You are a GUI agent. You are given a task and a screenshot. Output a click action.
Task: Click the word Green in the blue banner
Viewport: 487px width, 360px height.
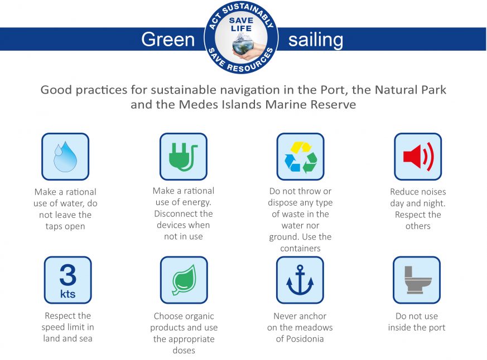point(168,40)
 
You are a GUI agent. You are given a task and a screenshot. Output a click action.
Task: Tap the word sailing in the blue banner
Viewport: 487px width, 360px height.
point(316,40)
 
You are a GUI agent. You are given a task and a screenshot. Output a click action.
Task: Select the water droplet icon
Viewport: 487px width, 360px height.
point(65,157)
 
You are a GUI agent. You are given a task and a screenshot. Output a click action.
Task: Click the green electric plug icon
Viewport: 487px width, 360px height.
point(183,157)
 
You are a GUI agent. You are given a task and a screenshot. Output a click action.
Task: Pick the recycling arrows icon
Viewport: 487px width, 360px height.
point(301,157)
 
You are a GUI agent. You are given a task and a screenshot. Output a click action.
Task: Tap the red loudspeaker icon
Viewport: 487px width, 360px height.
point(418,157)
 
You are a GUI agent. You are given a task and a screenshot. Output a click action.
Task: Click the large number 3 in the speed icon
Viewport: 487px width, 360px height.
point(67,274)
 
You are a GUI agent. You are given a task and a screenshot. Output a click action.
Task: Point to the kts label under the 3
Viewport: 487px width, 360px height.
point(67,294)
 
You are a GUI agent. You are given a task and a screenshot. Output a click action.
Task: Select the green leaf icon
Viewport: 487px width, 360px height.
point(184,280)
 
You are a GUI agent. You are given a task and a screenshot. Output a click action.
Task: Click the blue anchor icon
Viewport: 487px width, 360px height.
point(300,280)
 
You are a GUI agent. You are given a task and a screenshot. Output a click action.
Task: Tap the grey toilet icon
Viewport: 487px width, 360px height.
point(417,280)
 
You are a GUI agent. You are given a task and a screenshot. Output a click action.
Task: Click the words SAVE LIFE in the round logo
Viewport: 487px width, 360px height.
point(241,24)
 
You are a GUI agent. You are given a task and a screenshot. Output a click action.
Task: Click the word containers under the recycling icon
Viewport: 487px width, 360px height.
point(300,249)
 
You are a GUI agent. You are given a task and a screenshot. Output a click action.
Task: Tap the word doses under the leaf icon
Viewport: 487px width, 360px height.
point(184,351)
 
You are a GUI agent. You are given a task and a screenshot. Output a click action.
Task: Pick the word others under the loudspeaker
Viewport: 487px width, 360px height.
point(418,226)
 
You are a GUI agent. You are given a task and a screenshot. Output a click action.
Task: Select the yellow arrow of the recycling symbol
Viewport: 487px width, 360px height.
point(301,147)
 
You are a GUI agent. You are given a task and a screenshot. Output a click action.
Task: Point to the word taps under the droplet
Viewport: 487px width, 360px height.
point(54,227)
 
